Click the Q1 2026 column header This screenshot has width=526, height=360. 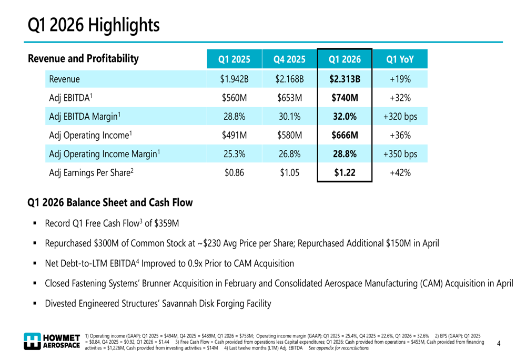tap(345, 59)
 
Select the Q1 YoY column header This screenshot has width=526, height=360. tap(400, 59)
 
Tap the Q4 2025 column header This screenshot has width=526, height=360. tap(289, 59)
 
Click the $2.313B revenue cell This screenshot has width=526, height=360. tap(345, 79)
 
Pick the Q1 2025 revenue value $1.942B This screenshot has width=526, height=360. tap(234, 79)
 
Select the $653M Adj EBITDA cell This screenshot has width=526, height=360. tap(289, 98)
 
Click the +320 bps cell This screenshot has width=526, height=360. tap(400, 117)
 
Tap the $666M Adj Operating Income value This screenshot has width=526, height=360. tap(345, 136)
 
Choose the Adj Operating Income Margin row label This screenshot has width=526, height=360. tap(105, 154)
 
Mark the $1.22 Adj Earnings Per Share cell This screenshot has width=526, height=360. tap(345, 173)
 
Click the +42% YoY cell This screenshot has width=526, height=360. tap(400, 173)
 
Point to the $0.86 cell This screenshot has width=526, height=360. tap(234, 173)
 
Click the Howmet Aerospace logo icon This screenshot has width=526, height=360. tap(32, 341)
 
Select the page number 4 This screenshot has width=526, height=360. tap(499, 343)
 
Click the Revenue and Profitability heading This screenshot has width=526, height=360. tap(83, 59)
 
